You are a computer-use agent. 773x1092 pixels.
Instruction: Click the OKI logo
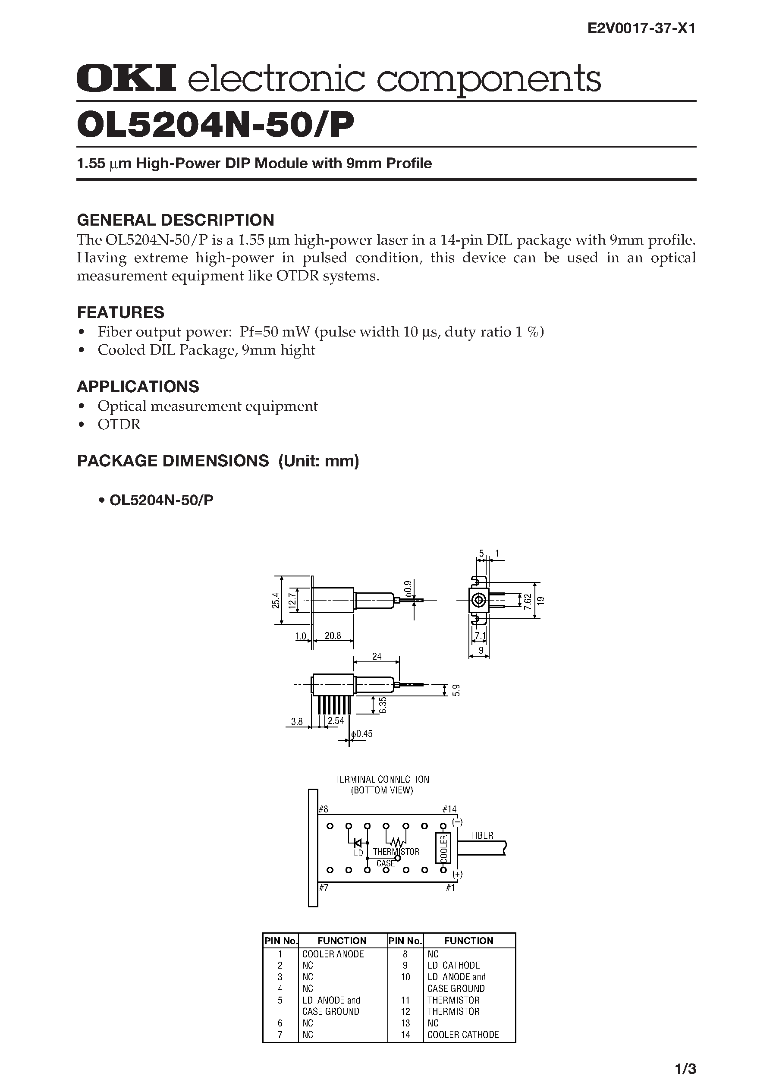tap(126, 79)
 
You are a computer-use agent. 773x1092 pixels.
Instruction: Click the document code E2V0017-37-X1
tap(641, 29)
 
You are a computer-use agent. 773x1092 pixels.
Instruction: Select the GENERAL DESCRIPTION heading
tap(175, 220)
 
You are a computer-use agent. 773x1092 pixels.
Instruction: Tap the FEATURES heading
tap(120, 312)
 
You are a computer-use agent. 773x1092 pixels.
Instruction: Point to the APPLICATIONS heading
tap(138, 386)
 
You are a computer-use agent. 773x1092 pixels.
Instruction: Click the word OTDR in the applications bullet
tap(119, 424)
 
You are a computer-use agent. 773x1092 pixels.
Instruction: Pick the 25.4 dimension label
tap(276, 601)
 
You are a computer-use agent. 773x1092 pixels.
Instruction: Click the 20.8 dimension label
tap(332, 636)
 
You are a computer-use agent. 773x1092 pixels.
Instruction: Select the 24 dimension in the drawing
tap(377, 656)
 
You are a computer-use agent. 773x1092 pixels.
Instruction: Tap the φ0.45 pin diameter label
tap(362, 733)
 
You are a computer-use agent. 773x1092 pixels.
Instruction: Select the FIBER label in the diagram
tap(482, 835)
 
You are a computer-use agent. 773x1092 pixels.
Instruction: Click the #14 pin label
tap(449, 809)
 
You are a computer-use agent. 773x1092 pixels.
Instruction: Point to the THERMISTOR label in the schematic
tap(396, 852)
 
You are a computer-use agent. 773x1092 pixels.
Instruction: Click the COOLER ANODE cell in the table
tap(333, 954)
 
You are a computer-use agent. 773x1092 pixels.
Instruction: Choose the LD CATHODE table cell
tap(454, 966)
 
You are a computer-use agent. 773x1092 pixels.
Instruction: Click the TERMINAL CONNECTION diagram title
tap(382, 779)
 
